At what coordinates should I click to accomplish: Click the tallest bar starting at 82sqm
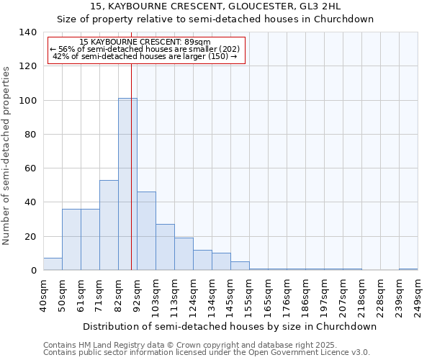pyautogui.click(x=127, y=184)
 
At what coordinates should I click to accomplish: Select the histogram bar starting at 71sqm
pyautogui.click(x=109, y=225)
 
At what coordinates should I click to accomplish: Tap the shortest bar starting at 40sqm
pyautogui.click(x=53, y=264)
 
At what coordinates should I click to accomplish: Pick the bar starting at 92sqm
pyautogui.click(x=146, y=231)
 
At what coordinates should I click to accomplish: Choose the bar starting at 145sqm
pyautogui.click(x=240, y=266)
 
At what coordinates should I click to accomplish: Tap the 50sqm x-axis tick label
pyautogui.click(x=63, y=296)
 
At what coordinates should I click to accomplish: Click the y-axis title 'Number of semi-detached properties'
pyautogui.click(x=7, y=156)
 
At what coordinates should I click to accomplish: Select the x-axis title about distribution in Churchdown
pyautogui.click(x=230, y=326)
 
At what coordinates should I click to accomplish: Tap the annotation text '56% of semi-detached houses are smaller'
pyautogui.click(x=149, y=49)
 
